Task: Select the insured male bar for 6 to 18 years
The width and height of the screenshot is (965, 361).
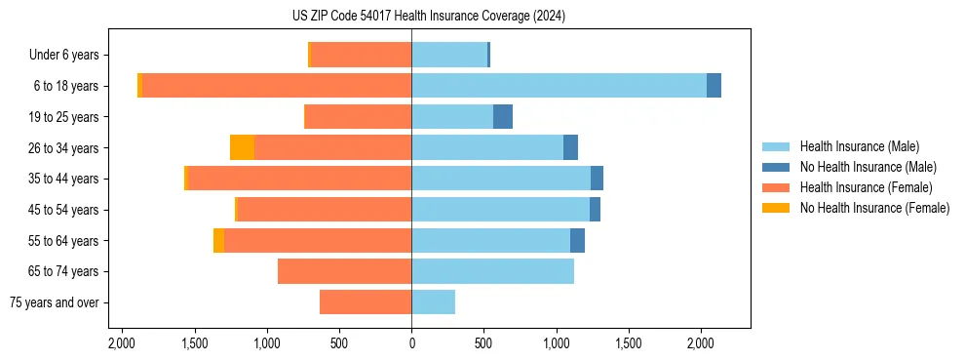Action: coord(559,86)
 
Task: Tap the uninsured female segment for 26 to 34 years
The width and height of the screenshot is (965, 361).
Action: coord(242,147)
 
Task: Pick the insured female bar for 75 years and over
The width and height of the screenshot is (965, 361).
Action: coord(366,302)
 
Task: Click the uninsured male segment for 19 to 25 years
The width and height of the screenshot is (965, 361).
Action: coord(503,117)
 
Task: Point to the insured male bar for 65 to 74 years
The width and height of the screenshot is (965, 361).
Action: coord(492,271)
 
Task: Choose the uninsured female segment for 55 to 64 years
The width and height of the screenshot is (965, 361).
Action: coord(218,240)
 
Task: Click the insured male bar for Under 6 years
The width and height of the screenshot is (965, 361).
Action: coord(449,55)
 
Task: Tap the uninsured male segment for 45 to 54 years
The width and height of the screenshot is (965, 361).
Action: coord(595,210)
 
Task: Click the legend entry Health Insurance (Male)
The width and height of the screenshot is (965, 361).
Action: coord(859,146)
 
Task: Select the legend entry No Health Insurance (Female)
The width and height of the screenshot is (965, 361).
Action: coord(874,208)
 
